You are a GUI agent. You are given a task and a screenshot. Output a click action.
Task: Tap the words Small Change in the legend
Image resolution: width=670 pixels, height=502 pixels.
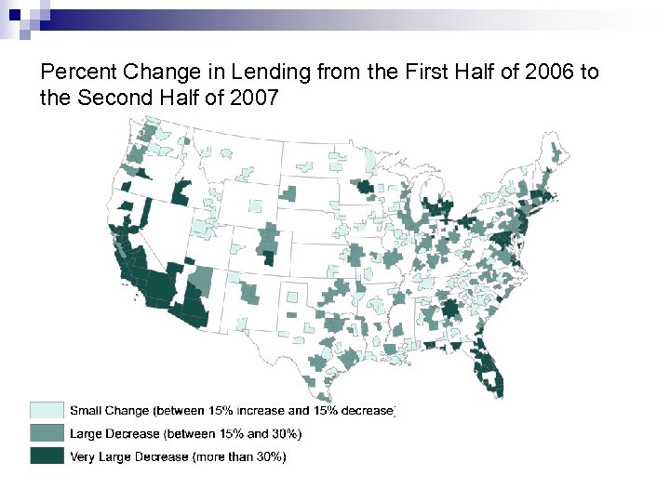110,410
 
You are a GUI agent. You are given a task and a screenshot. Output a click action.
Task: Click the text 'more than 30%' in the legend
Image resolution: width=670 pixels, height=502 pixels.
240,456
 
